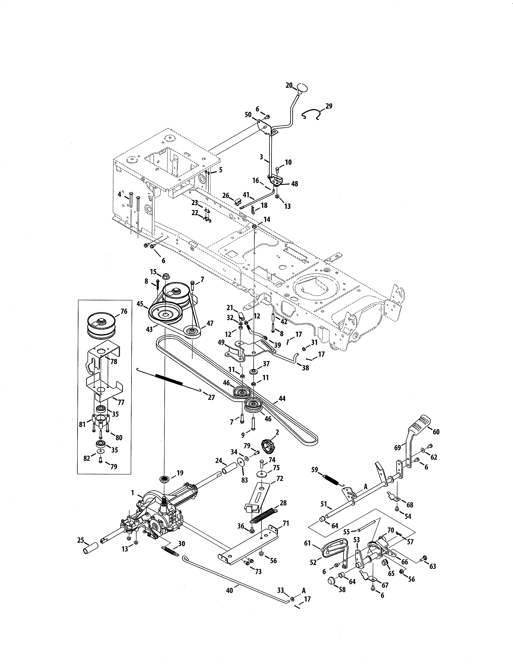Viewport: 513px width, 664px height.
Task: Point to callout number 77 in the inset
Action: [121, 402]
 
